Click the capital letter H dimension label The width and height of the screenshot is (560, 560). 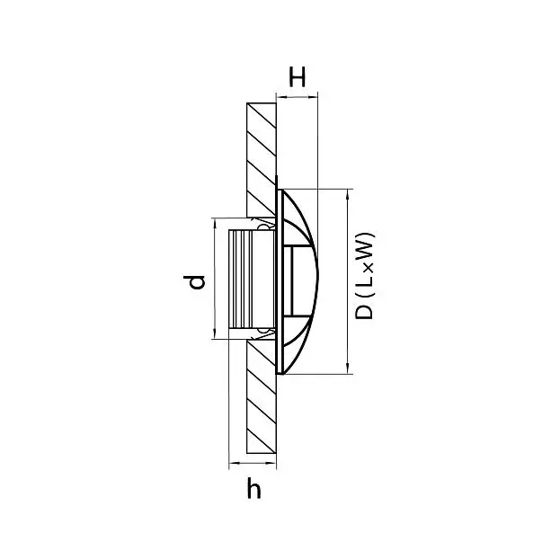pyautogui.click(x=298, y=76)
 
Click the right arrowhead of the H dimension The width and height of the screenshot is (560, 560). pyautogui.click(x=313, y=96)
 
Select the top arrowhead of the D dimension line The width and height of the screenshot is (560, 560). pyautogui.click(x=348, y=193)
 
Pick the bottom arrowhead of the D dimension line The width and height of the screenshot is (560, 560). pyautogui.click(x=348, y=369)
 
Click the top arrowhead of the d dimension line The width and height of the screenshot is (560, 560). pyautogui.click(x=215, y=223)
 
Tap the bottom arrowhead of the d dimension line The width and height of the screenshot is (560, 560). pyautogui.click(x=215, y=334)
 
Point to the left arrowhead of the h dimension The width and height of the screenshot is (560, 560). pyautogui.click(x=234, y=463)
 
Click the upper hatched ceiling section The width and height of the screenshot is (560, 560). pyautogui.click(x=261, y=160)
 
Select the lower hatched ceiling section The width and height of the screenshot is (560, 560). pyautogui.click(x=261, y=396)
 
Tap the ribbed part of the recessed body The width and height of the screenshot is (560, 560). pyautogui.click(x=240, y=280)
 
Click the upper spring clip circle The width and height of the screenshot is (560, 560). pyautogui.click(x=263, y=227)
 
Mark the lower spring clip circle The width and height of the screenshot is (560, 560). pyautogui.click(x=263, y=332)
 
